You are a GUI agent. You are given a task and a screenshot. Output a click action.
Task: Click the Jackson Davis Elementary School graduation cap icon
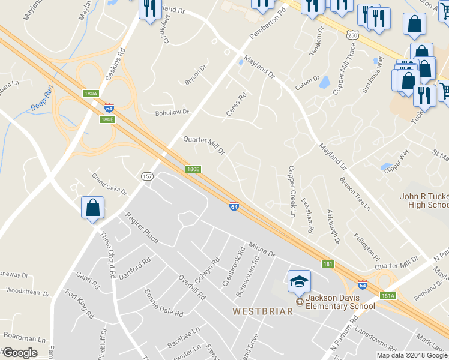299,280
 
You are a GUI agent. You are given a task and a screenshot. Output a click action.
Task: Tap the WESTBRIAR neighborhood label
263,311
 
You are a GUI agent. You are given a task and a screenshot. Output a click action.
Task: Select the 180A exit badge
91,94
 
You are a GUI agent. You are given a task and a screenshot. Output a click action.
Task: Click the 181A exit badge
388,296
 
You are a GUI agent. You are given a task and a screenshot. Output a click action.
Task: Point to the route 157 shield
147,176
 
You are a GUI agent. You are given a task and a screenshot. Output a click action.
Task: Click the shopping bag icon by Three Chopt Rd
93,208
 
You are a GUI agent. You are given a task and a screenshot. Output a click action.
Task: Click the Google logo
20,353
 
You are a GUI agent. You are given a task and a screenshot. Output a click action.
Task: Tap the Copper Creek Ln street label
292,191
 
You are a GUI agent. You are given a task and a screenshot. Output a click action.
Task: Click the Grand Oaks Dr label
109,184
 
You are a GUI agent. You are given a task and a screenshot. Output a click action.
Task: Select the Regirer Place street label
142,227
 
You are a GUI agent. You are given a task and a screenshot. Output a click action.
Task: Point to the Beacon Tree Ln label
355,194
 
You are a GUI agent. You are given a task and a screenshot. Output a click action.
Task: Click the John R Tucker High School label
424,200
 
